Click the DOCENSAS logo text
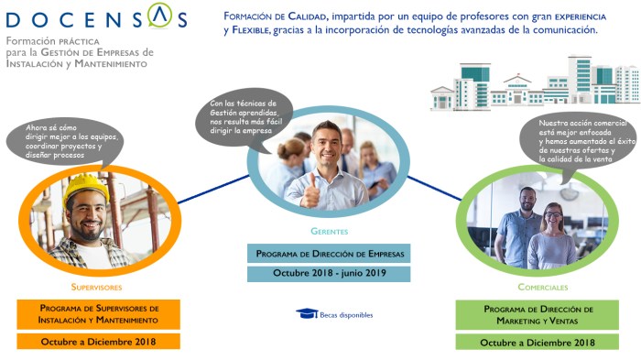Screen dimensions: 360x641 click(95, 19)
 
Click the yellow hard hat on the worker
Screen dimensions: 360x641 click(86, 188)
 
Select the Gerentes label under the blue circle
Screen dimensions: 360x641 click(328, 231)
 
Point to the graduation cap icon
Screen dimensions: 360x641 click(307, 314)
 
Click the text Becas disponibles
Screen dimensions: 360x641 click(346, 315)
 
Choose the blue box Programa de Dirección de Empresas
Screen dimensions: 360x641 click(328, 253)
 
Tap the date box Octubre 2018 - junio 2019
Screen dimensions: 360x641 click(328, 274)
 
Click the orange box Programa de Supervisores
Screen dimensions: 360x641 click(99, 314)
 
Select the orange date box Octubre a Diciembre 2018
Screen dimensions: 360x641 click(99, 342)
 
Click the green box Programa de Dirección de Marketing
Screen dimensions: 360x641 click(538, 314)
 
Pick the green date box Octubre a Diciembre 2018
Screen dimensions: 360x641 click(538, 343)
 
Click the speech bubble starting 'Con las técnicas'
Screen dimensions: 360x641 click(244, 117)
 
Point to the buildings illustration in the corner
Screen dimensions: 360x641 click(534, 86)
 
